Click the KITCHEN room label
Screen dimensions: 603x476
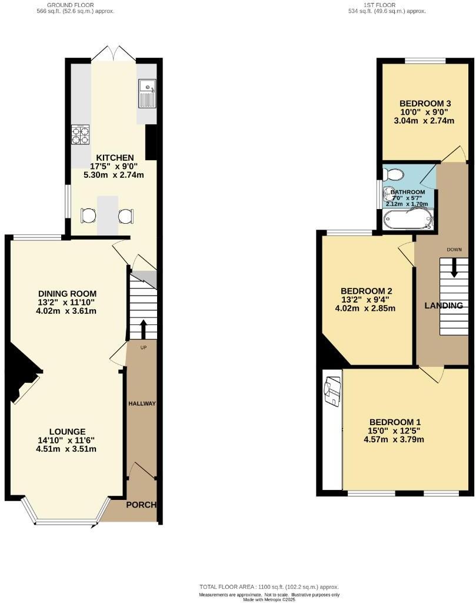115,158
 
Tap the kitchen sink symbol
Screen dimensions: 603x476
147,94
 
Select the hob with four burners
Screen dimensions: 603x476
81,135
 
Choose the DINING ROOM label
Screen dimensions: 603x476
67,294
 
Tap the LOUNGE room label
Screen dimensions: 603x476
67,432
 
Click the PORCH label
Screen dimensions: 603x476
142,505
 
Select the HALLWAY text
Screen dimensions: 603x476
142,403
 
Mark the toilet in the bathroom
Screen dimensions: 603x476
392,174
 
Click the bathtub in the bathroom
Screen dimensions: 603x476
408,219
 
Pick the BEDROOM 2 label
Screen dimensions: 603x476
366,291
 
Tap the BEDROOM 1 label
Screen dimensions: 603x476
395,422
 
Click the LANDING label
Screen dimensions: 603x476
444,306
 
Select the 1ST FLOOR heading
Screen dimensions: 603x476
387,4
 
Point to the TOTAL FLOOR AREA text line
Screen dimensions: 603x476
269,587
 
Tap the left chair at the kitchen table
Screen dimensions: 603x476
88,216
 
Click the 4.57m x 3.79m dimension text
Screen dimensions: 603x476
394,439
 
